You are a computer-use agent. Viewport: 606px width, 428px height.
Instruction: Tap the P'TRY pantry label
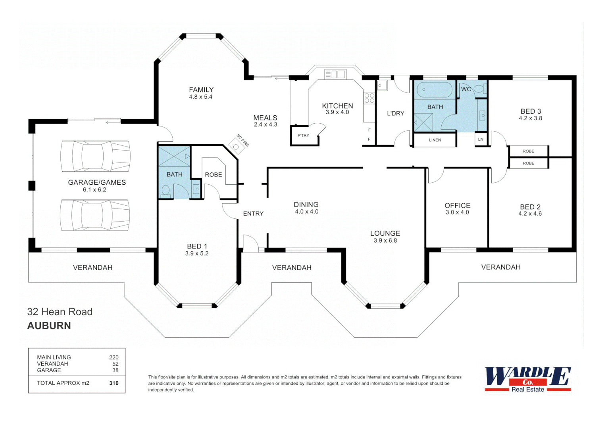click(303, 136)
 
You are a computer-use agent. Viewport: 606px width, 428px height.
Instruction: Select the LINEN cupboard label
click(435, 140)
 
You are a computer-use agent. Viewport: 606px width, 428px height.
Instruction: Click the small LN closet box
click(481, 139)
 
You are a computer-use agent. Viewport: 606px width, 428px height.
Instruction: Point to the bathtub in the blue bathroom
click(434, 90)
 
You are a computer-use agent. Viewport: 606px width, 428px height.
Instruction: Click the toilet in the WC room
click(479, 89)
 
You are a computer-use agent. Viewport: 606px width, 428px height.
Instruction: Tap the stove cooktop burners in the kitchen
click(369, 98)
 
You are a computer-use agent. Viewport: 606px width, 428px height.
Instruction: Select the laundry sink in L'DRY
click(382, 85)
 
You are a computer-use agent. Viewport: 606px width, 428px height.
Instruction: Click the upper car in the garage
click(95, 156)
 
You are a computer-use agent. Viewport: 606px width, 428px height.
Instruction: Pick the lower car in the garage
click(95, 215)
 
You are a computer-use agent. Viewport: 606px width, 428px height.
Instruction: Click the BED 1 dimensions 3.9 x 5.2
click(197, 254)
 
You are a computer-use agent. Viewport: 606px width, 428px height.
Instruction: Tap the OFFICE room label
click(457, 205)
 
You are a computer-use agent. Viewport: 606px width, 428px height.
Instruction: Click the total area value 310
click(114, 383)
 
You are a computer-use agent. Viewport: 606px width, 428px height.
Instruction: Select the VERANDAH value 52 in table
click(115, 364)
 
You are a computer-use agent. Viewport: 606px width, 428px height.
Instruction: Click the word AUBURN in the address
click(49, 326)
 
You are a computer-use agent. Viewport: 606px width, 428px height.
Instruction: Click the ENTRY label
click(253, 214)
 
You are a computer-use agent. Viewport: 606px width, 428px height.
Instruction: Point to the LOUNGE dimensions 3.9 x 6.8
click(385, 241)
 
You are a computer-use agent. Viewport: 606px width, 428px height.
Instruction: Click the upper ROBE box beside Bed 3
click(528, 151)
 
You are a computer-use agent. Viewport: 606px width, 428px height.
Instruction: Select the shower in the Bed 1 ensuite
click(174, 157)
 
